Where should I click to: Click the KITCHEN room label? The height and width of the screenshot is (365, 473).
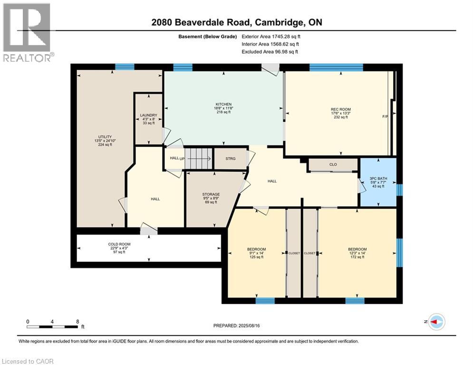click(x=223, y=104)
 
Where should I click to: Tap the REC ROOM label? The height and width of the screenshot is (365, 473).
click(x=340, y=110)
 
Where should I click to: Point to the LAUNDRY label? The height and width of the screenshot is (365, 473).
click(x=148, y=115)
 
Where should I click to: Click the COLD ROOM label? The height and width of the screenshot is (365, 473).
click(x=116, y=244)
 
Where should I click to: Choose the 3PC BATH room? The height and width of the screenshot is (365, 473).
click(x=379, y=179)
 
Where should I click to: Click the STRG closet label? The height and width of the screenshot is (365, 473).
click(x=230, y=159)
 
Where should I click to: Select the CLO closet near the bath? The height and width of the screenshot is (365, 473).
click(x=333, y=165)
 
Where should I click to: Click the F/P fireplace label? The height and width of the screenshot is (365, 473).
click(x=386, y=116)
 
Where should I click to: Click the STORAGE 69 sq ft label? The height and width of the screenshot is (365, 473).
click(x=211, y=194)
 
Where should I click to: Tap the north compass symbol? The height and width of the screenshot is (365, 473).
click(x=436, y=322)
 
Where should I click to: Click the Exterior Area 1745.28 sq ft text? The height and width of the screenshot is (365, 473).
click(x=271, y=36)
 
